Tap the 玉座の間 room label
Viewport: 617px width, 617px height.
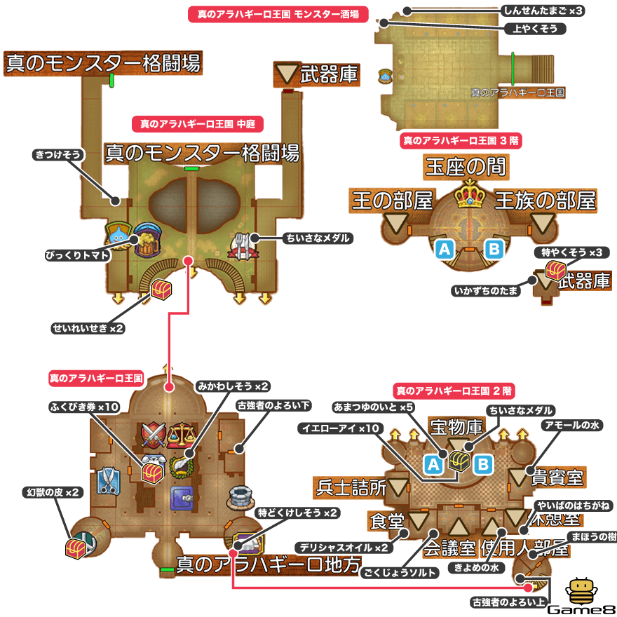tap(466, 167)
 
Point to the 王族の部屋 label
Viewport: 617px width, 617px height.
tap(545, 201)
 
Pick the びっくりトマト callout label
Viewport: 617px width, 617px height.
tap(77, 255)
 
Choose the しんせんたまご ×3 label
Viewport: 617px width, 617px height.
tap(543, 11)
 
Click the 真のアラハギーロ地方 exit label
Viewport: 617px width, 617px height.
tap(268, 563)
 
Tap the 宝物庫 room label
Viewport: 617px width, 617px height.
tap(456, 427)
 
